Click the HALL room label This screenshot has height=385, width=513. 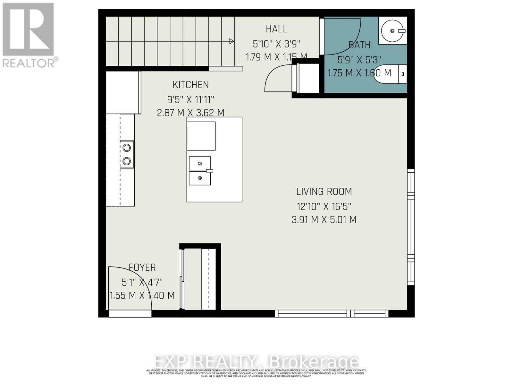click(276, 29)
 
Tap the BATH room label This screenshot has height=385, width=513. click(359, 45)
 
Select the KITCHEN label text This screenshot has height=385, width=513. click(191, 85)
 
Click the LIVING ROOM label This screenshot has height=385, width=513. click(324, 192)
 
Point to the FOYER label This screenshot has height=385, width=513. click(142, 267)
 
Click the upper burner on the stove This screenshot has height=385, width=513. click(127, 148)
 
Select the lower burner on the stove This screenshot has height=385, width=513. click(127, 161)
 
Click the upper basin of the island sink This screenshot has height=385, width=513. click(199, 163)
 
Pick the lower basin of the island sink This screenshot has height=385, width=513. click(199, 178)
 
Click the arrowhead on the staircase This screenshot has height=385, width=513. click(231, 41)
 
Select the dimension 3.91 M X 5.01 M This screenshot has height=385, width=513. click(324, 220)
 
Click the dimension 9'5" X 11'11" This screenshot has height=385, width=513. click(190, 99)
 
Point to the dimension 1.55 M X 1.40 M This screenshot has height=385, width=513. click(142, 295)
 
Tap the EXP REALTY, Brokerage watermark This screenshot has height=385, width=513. click(256, 362)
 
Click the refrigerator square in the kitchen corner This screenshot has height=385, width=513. click(123, 92)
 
